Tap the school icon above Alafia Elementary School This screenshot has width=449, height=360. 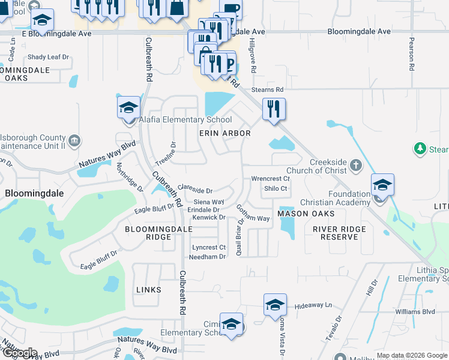[x=128, y=107]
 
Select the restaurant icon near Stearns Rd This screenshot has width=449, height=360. [x=273, y=109]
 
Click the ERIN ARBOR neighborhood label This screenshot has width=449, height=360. [x=224, y=133]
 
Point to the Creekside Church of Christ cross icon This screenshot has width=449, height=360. [x=355, y=163]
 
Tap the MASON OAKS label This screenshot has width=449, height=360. [x=301, y=214]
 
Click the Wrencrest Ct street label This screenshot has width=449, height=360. [x=270, y=179]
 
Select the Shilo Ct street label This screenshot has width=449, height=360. [x=276, y=188]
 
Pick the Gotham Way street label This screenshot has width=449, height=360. [x=253, y=214]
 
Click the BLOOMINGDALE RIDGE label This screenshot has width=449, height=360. [x=149, y=233]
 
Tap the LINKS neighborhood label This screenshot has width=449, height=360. [x=148, y=290]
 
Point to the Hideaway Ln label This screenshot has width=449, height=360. [x=313, y=306]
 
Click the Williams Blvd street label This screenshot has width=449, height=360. [x=415, y=312]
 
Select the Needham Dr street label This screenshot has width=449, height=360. [x=207, y=257]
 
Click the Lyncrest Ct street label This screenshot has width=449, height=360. [x=208, y=247]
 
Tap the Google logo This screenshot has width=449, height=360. [x=19, y=353]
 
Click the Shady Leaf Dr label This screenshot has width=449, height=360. [x=49, y=58]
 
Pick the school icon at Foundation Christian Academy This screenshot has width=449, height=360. [x=381, y=185]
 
